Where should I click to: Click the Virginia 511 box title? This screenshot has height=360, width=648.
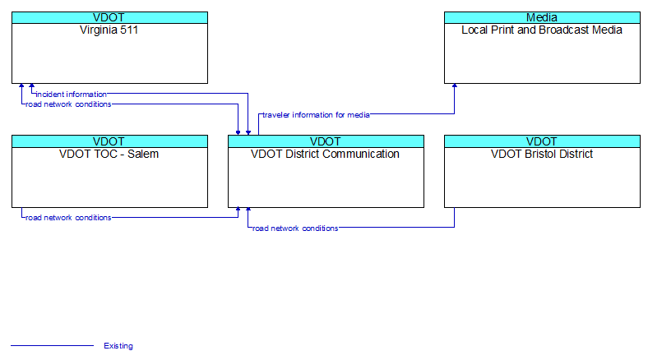click(109, 30)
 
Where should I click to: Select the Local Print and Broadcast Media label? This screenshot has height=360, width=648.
click(542, 30)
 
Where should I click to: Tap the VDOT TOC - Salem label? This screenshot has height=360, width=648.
click(109, 154)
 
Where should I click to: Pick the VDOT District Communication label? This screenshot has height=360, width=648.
click(326, 154)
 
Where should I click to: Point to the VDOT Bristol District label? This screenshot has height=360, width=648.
click(542, 154)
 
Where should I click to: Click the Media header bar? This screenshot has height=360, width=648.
click(542, 17)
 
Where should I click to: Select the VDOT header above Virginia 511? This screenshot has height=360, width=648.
click(109, 17)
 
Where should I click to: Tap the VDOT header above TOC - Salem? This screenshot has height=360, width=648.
click(109, 141)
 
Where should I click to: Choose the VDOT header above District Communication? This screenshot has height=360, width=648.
click(326, 141)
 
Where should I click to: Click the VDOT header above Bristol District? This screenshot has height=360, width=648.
click(542, 141)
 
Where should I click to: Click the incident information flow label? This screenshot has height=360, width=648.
click(71, 95)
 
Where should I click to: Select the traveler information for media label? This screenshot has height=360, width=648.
click(316, 115)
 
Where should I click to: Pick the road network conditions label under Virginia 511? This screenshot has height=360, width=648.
click(68, 104)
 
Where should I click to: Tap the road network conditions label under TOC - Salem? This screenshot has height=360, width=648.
click(68, 218)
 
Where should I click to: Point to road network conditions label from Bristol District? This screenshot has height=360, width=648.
click(295, 228)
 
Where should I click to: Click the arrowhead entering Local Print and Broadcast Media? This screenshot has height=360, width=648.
click(455, 85)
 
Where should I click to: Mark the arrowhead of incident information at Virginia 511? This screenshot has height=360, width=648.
click(32, 85)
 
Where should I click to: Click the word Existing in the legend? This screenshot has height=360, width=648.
click(118, 346)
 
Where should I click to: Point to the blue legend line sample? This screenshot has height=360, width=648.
click(52, 345)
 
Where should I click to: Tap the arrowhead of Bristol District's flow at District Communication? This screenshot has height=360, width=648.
click(248, 210)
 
